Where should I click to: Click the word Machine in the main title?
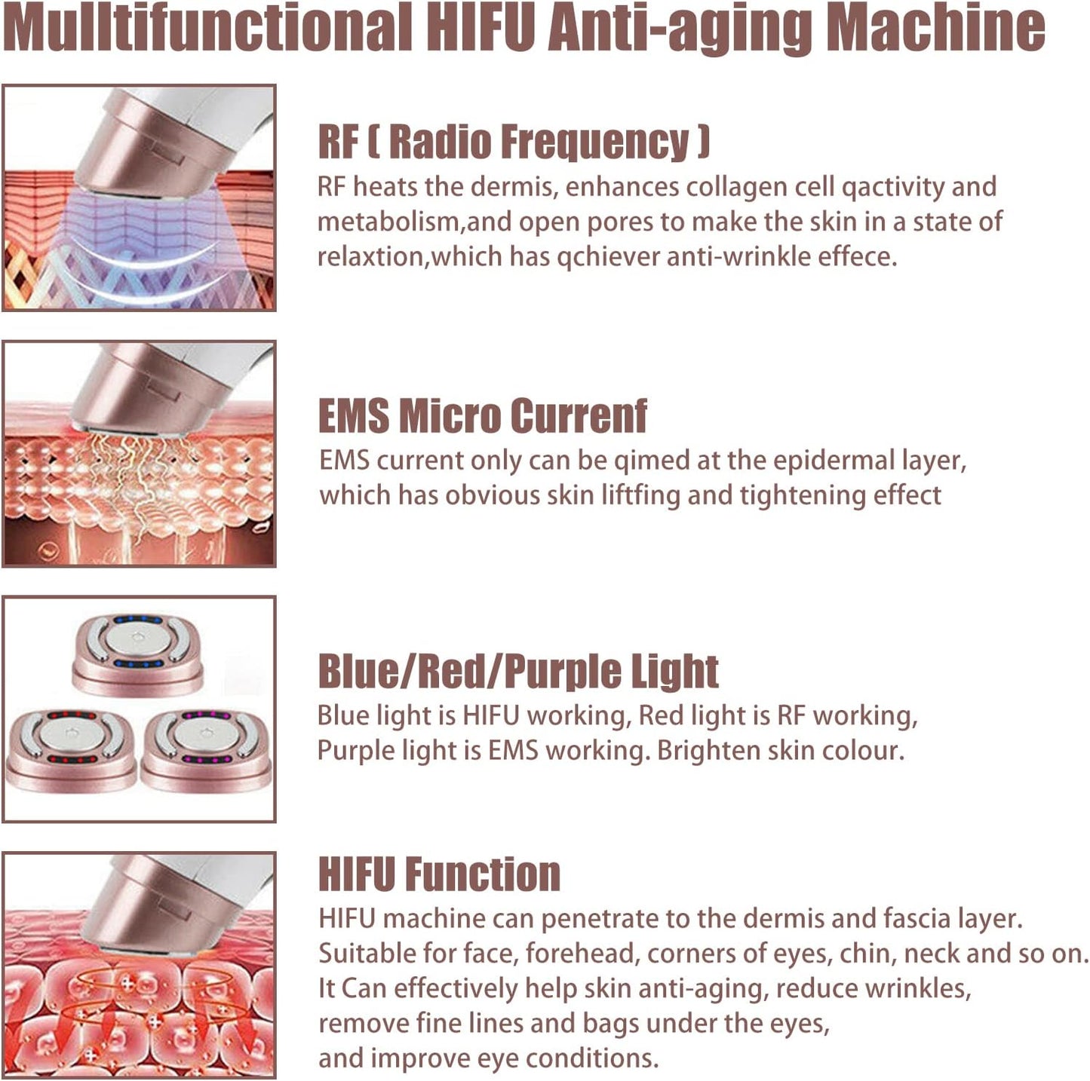click(x=935, y=29)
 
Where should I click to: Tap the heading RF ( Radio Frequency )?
click(x=513, y=142)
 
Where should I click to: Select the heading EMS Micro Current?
click(x=482, y=415)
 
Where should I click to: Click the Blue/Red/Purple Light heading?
click(x=517, y=671)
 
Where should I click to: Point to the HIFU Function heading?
click(x=439, y=874)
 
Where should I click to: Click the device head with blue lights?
click(x=138, y=653)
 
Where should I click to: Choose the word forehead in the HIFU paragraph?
click(x=581, y=954)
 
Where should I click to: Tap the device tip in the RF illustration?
click(x=140, y=162)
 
